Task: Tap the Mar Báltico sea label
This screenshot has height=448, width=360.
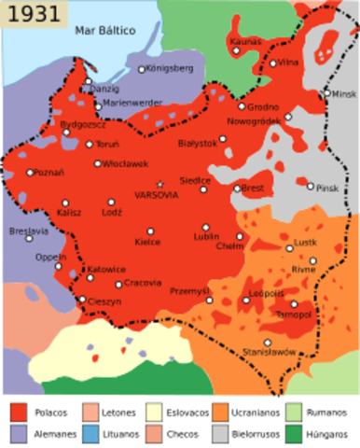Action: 104,31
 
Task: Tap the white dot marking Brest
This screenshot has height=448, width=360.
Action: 237,188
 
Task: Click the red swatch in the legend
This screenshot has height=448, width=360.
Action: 19,412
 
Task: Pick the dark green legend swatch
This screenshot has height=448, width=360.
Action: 294,434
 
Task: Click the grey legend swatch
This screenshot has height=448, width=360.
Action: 220,434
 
